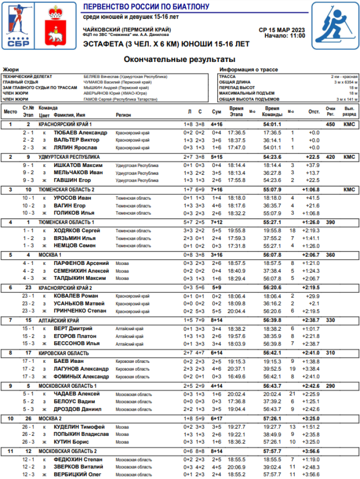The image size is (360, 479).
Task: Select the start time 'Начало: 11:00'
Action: click(285, 36)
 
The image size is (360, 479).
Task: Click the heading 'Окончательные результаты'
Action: click(180, 60)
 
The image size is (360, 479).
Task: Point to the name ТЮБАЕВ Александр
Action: click(80, 132)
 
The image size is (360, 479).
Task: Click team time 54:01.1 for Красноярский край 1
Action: click(272, 124)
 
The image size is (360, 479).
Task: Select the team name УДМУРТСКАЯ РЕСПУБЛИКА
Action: click(69, 157)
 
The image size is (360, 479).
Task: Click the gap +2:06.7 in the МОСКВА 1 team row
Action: click(311, 255)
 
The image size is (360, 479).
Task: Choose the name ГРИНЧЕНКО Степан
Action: click(80, 311)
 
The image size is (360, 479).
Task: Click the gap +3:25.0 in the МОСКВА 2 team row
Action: click(311, 418)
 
